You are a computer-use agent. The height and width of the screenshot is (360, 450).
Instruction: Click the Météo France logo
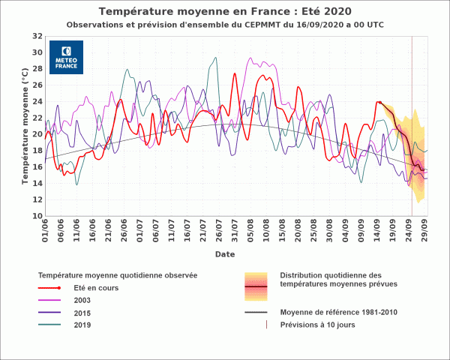[66, 57]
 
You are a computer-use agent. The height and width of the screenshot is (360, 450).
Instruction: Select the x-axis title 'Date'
[225, 254]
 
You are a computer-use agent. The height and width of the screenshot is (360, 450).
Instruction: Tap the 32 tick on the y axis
[37, 36]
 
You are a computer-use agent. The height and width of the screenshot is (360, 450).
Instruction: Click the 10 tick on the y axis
[37, 216]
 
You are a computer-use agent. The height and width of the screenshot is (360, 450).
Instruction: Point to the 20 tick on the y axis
[37, 134]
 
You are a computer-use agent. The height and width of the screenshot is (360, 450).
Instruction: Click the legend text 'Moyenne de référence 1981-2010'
[338, 312]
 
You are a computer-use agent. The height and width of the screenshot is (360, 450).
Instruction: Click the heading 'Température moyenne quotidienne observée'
[118, 275]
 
